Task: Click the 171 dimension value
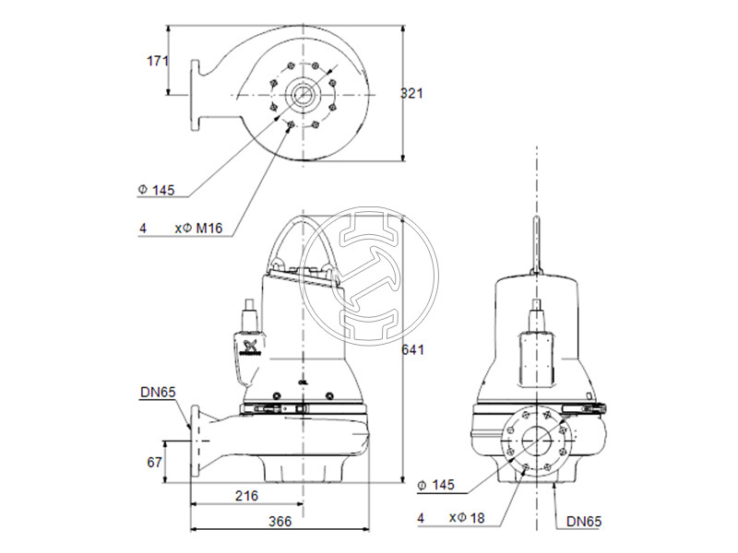pyautogui.click(x=159, y=61)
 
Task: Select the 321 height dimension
pyautogui.click(x=411, y=92)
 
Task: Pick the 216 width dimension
pyautogui.click(x=245, y=495)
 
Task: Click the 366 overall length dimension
pyautogui.click(x=280, y=522)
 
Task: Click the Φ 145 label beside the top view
pyautogui.click(x=156, y=190)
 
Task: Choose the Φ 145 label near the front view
pyautogui.click(x=438, y=485)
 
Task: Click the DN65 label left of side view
pyautogui.click(x=158, y=394)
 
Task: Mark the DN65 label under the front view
pyautogui.click(x=583, y=522)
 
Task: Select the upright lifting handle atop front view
pyautogui.click(x=536, y=244)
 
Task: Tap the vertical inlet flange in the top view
pyautogui.click(x=196, y=92)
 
